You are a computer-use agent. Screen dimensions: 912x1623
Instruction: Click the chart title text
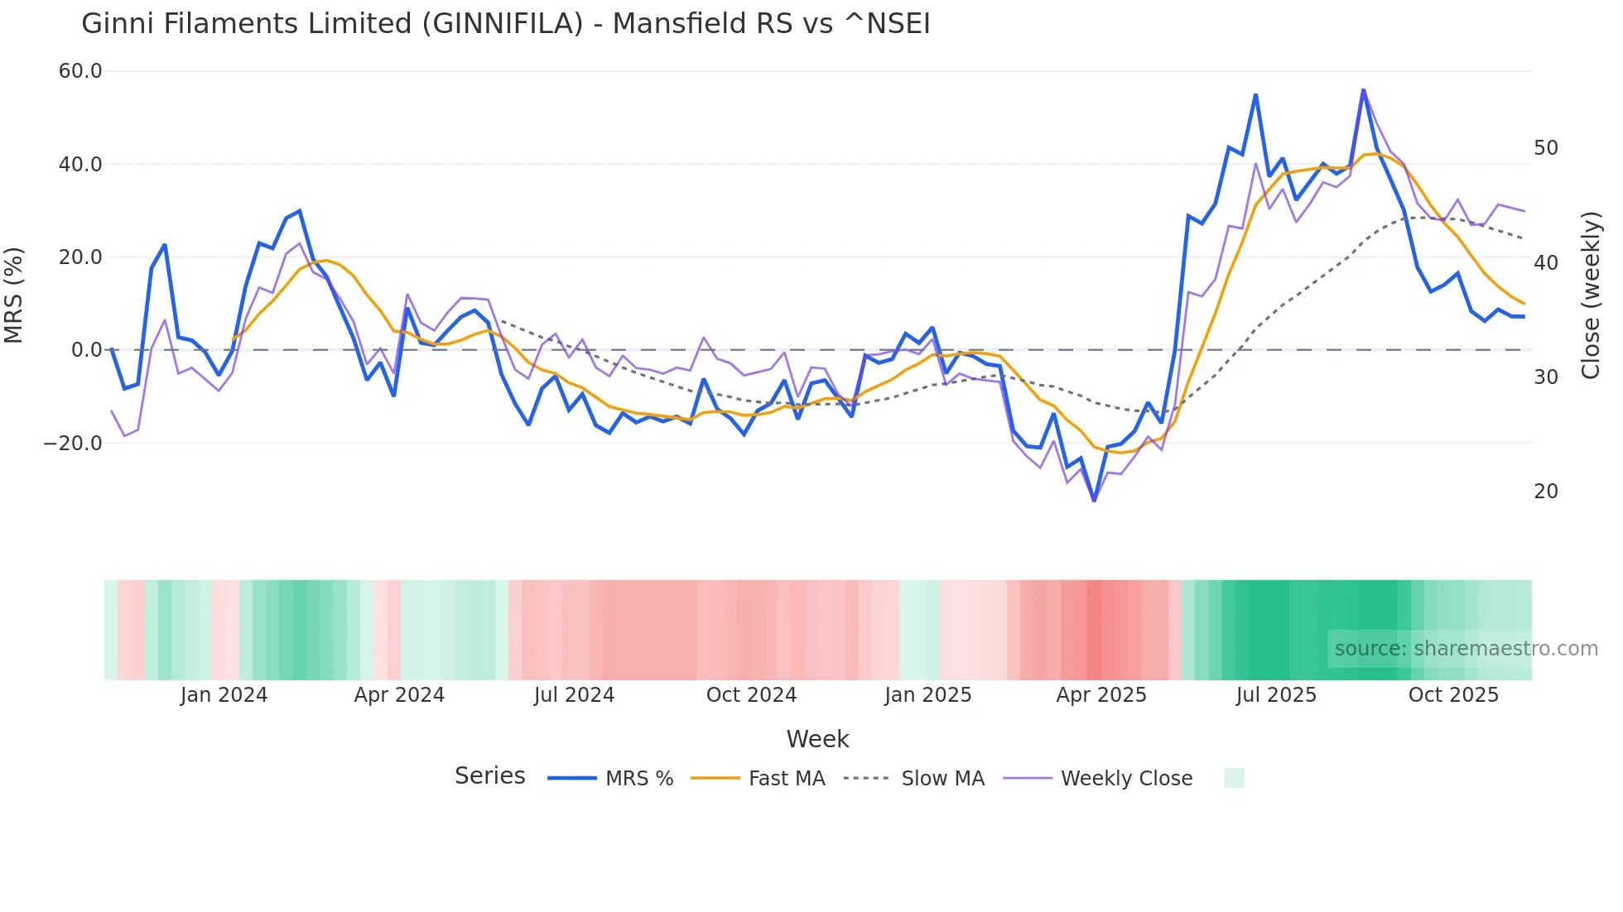(505, 24)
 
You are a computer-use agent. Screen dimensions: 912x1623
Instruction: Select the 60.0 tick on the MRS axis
(80, 71)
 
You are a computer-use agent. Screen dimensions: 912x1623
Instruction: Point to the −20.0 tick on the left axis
(73, 443)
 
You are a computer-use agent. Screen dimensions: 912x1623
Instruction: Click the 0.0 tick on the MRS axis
(86, 350)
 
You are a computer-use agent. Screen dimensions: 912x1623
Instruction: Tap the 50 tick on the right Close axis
(1545, 148)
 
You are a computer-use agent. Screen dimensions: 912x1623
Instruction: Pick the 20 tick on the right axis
(1545, 492)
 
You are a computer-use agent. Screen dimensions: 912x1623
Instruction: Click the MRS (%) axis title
(14, 295)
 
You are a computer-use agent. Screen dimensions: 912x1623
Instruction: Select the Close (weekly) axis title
(1590, 295)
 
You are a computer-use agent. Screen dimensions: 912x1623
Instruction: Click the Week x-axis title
(817, 739)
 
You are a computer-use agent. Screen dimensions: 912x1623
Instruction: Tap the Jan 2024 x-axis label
(224, 695)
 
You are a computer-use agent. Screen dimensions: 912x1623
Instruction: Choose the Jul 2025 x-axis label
(1276, 695)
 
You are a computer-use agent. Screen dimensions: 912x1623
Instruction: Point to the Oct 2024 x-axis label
(751, 695)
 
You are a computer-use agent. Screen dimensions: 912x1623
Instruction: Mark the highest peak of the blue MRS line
(1363, 90)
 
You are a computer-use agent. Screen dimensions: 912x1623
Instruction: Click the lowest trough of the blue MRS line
(1094, 500)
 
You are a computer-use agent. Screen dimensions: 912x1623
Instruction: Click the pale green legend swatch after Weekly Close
(1234, 778)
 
